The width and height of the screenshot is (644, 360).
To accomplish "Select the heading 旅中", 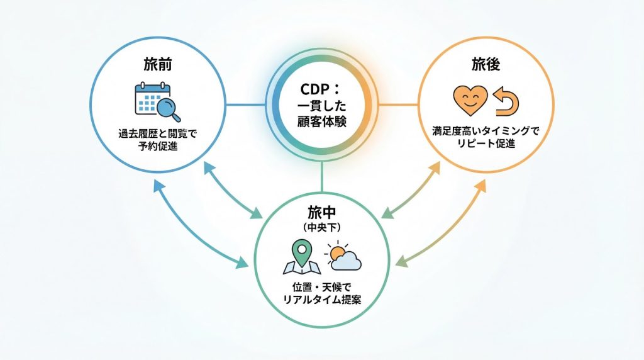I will (x=322, y=212).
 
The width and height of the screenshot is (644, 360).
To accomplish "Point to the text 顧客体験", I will (x=322, y=119).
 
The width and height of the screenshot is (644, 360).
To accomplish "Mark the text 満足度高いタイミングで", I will (x=486, y=132).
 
